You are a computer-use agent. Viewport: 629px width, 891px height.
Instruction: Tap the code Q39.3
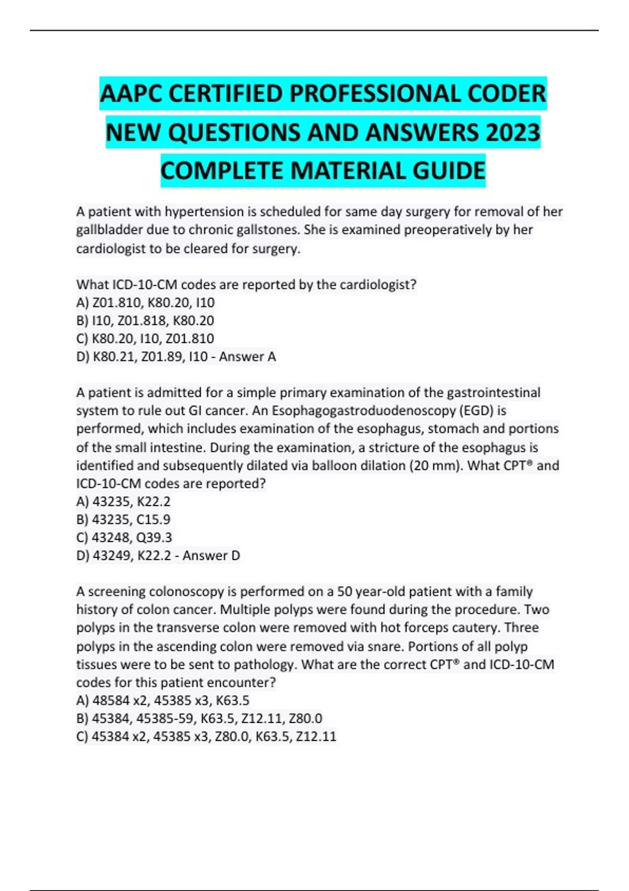[x=155, y=538]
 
